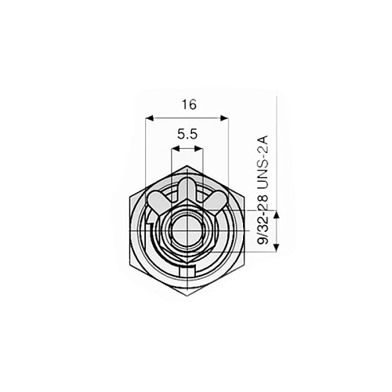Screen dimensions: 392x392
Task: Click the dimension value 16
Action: point(189,105)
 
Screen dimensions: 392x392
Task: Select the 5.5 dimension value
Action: point(187,135)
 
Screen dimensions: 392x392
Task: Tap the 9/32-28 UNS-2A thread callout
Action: point(263,190)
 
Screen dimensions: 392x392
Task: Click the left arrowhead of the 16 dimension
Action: point(150,118)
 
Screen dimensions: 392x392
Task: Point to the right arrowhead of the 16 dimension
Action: point(224,118)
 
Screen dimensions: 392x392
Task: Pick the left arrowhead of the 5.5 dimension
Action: point(175,149)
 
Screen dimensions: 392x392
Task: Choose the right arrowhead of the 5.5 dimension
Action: point(198,149)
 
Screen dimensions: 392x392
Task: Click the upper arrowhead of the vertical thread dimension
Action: point(277,215)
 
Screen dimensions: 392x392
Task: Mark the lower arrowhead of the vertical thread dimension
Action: point(277,247)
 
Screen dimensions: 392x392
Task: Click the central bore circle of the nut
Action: point(187,230)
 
